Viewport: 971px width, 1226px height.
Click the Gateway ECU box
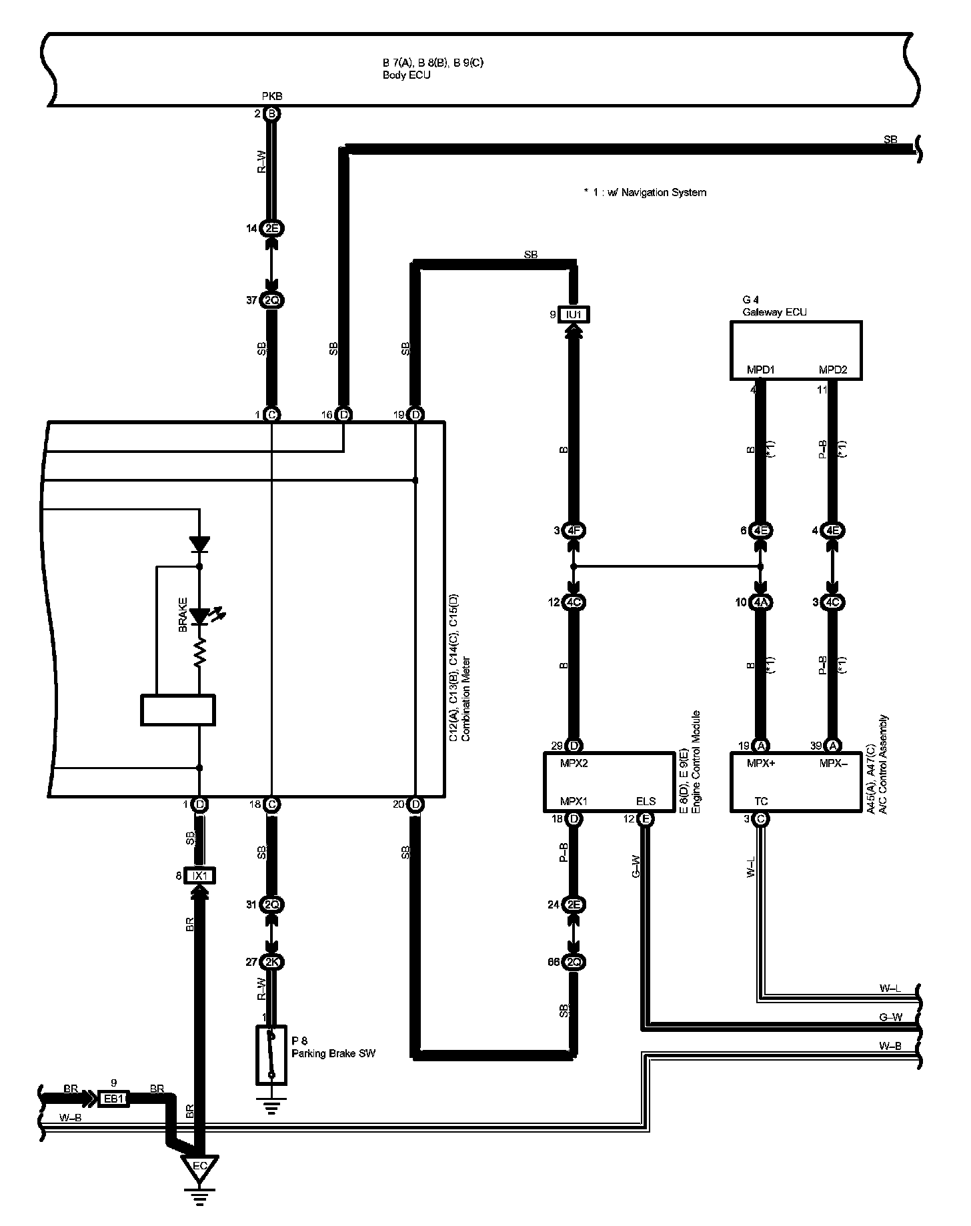pos(795,350)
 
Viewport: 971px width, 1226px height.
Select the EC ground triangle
pos(199,1185)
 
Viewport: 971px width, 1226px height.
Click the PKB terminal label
pos(271,97)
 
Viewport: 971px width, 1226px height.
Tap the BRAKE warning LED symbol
pos(199,616)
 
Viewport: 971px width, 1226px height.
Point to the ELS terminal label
pos(646,801)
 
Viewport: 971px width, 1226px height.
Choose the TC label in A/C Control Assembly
pos(761,801)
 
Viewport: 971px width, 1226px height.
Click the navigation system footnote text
pos(644,193)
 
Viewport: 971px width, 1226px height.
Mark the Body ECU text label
pos(406,75)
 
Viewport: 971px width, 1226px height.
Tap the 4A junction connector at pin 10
pos(761,602)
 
